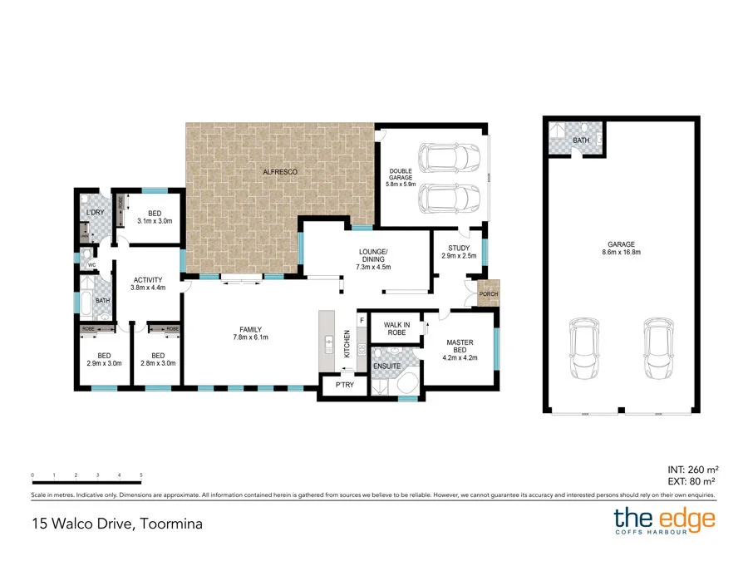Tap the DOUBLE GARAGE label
point(401,175)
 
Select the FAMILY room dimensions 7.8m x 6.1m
point(249,337)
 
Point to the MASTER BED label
point(460,346)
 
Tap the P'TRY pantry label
point(344,385)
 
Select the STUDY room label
point(459,248)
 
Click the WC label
point(93,266)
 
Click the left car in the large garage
point(583,350)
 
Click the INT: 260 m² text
point(691,469)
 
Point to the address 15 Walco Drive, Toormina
point(117,524)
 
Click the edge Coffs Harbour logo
point(664,521)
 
